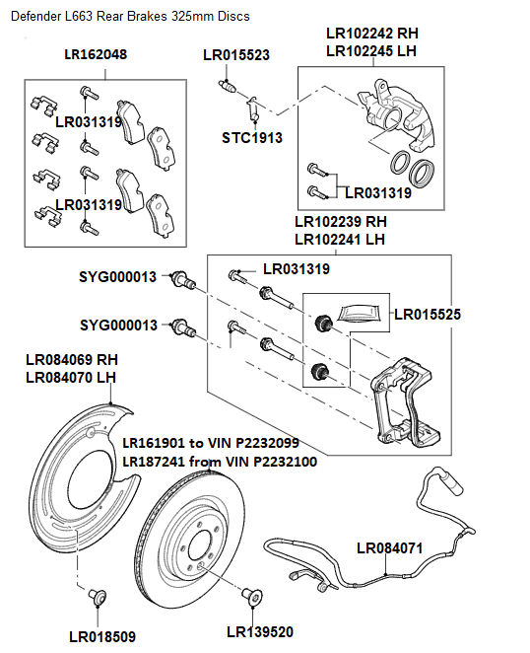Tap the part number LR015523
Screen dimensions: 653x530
pyautogui.click(x=236, y=55)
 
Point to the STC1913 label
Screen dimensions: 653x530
pyautogui.click(x=251, y=138)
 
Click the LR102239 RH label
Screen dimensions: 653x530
pyautogui.click(x=340, y=221)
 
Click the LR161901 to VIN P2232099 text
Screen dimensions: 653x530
pyautogui.click(x=211, y=443)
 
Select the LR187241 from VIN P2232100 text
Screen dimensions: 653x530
pyautogui.click(x=219, y=461)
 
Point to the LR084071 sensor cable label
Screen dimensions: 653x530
pyautogui.click(x=389, y=546)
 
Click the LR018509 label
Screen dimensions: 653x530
pyautogui.click(x=101, y=636)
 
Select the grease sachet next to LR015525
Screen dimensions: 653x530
pyautogui.click(x=361, y=313)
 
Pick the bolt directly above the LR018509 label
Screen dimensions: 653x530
pyautogui.click(x=97, y=595)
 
